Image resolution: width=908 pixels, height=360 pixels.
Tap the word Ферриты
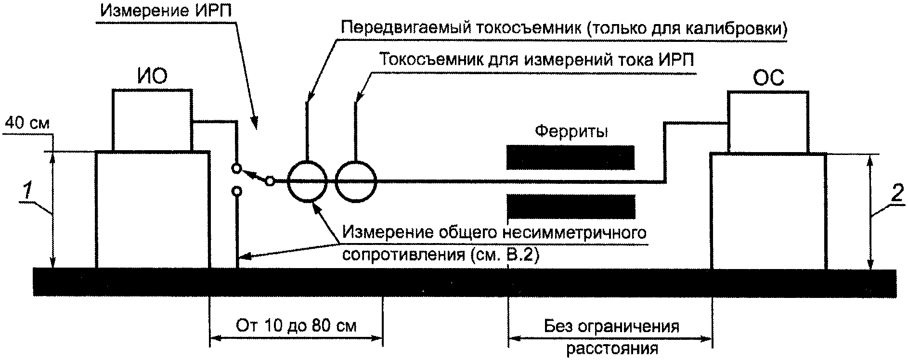(x=571, y=131)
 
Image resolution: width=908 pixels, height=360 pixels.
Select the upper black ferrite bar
(x=571, y=157)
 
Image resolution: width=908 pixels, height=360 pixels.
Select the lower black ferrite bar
(x=571, y=206)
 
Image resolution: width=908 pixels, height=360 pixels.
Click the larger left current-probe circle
(x=307, y=181)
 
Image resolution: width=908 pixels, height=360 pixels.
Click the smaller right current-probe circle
(x=356, y=181)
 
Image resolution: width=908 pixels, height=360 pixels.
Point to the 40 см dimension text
(x=27, y=124)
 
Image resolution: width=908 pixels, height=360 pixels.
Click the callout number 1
(x=28, y=192)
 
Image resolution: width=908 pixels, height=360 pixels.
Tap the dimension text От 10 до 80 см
(x=296, y=326)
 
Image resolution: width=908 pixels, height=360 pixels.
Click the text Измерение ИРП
(x=166, y=11)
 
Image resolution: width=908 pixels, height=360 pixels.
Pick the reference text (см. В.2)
(x=503, y=255)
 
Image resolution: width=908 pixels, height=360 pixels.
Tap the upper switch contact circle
(x=236, y=168)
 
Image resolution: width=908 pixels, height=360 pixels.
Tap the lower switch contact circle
(x=236, y=192)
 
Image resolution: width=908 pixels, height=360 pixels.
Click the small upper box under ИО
(x=152, y=120)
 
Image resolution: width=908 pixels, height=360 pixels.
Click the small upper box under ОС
(x=768, y=122)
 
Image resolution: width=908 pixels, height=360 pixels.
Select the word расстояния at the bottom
(x=612, y=348)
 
